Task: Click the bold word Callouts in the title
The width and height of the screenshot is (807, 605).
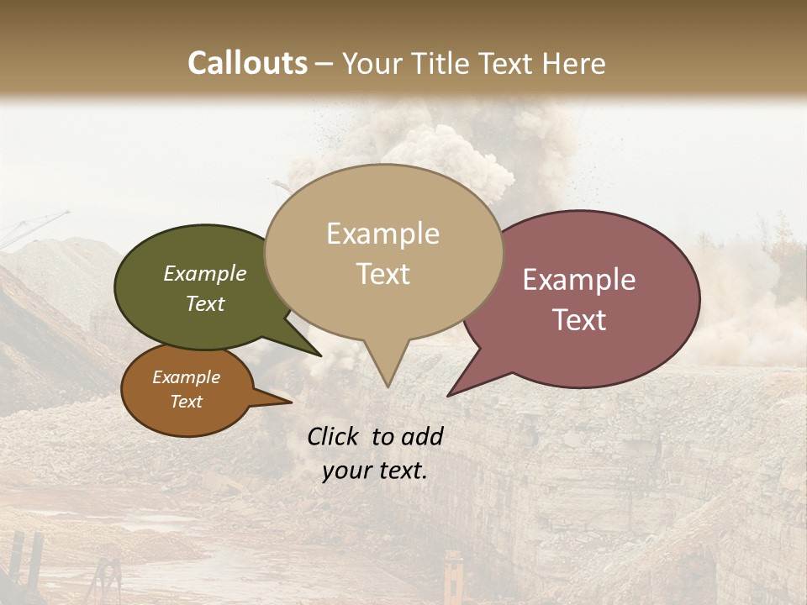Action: (247, 63)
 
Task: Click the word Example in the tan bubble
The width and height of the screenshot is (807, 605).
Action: (382, 234)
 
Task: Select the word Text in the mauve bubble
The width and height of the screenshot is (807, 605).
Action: (579, 320)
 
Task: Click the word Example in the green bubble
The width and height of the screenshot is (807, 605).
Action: (205, 274)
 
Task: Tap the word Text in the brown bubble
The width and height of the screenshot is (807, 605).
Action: (187, 402)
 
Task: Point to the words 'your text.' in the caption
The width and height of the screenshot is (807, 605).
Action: (375, 471)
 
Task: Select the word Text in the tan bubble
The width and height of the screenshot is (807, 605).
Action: (383, 274)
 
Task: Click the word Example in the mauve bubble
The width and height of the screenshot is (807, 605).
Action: (579, 280)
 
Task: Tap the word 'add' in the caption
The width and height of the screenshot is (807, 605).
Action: (423, 436)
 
